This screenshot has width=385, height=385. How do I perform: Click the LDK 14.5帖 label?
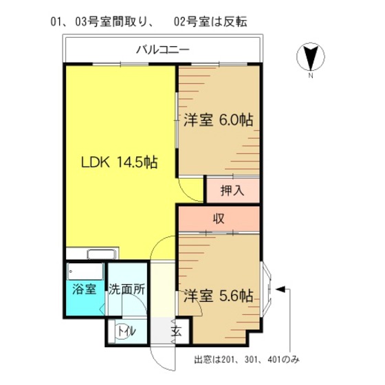point(119,162)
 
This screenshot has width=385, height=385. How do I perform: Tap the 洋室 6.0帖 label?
point(219,120)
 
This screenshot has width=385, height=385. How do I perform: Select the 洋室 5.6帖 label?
point(219,296)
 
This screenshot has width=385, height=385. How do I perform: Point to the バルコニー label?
point(163,50)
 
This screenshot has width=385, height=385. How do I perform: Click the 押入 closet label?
point(232,190)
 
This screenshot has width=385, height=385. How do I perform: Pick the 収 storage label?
point(219,219)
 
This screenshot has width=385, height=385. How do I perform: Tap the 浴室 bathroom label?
point(84,289)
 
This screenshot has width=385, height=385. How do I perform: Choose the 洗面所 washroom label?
point(126,289)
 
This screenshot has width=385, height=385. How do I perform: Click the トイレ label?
point(126,331)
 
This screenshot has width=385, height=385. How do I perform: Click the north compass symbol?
point(311,57)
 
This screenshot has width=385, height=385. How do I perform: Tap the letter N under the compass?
point(311,76)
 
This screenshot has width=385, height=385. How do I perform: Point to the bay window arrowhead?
point(280,289)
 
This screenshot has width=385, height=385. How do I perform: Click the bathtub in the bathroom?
point(85,272)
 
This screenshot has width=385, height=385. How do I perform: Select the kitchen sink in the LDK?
point(102,254)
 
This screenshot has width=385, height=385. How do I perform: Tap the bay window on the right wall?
point(266,289)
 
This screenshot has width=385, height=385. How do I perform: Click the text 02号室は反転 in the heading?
point(210,22)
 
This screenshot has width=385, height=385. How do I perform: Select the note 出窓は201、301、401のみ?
point(247,360)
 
